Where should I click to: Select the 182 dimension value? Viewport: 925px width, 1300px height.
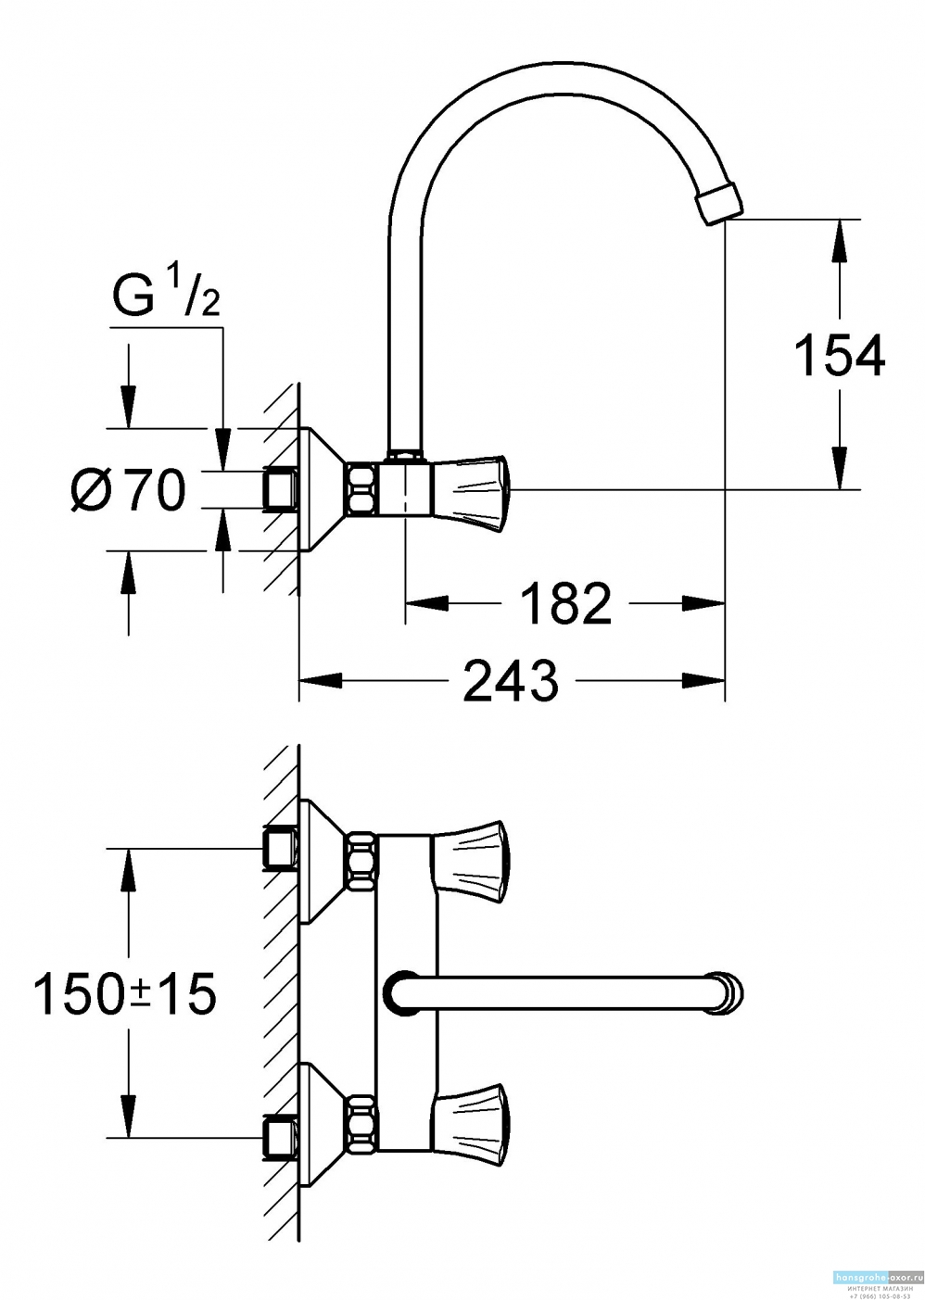564,604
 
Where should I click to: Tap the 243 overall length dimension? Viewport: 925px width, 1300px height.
511,681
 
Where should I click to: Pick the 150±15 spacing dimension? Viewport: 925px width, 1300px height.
124,994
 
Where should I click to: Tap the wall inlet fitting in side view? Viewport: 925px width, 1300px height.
280,488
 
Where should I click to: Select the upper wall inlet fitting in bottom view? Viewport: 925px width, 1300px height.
280,847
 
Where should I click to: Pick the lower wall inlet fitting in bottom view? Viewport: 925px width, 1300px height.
280,1136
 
